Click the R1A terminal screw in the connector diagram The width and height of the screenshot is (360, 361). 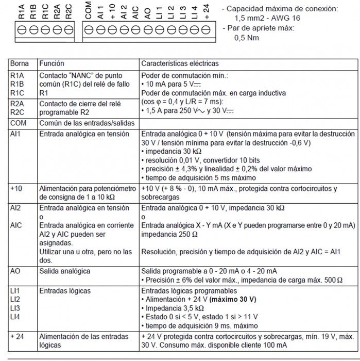coord(22,30)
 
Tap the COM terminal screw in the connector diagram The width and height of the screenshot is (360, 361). coord(88,30)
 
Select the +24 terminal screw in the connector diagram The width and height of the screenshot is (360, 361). coord(207,30)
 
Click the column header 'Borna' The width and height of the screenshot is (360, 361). coord(20,64)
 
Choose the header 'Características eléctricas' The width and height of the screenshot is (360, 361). coord(179,64)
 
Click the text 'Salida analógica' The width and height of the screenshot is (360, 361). coord(65,271)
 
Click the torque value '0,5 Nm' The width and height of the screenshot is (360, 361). coord(247,38)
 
